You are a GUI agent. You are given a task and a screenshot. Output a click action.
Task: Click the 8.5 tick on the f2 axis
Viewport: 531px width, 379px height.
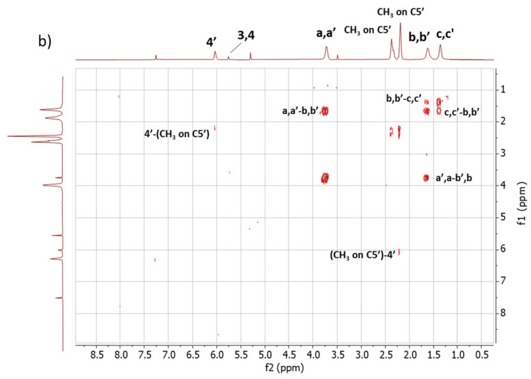pyautogui.click(x=96, y=355)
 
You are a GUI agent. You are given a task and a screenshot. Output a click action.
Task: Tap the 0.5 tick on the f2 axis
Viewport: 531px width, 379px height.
pyautogui.click(x=481, y=355)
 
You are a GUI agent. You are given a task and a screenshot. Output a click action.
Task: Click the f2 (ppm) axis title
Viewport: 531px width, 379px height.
pyautogui.click(x=288, y=369)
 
